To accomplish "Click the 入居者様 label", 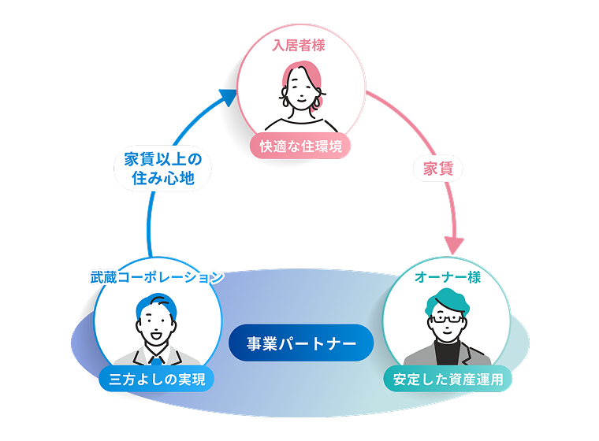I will click(x=299, y=46).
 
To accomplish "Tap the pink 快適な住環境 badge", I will click(x=300, y=146).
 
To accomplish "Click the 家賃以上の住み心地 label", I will click(x=163, y=168).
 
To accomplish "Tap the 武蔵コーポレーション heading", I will click(x=157, y=276).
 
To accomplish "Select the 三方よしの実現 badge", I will click(x=157, y=380).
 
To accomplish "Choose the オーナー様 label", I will click(x=448, y=277).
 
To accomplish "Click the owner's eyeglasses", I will click(x=447, y=321).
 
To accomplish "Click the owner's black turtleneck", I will click(x=448, y=351).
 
